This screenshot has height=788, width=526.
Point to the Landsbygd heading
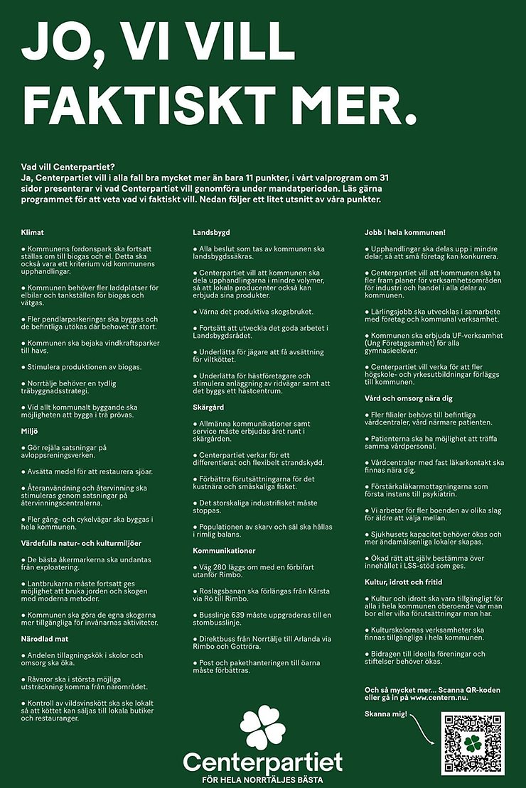coord(212,232)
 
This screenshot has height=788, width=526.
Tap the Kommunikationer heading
coord(225,550)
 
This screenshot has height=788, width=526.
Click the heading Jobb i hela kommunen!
coord(404,232)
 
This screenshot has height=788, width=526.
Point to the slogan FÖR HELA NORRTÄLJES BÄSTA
coord(262,779)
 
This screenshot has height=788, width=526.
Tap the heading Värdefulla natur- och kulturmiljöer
coord(82,543)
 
